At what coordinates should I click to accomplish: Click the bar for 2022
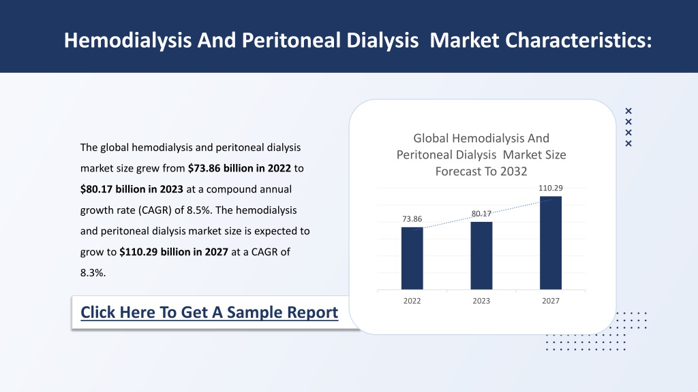click(x=412, y=258)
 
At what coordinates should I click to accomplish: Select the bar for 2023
click(x=481, y=256)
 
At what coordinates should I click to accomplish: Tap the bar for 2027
click(x=551, y=243)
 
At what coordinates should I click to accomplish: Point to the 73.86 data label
click(x=412, y=219)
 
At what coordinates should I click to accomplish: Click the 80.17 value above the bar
click(x=481, y=214)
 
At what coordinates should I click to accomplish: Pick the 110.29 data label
click(x=551, y=188)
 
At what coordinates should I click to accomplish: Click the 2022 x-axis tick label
click(x=412, y=301)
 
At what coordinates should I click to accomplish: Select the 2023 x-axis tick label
click(x=481, y=301)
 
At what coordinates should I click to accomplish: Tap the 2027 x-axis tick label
click(x=551, y=301)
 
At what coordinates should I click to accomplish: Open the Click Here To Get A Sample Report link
click(x=209, y=312)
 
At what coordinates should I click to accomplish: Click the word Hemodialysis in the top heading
click(x=127, y=40)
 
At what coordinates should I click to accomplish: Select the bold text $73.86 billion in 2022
click(x=239, y=169)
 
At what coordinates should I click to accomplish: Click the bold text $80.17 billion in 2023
click(x=132, y=189)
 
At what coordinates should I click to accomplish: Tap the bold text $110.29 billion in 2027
click(x=174, y=252)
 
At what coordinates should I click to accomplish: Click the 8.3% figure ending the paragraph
click(x=93, y=273)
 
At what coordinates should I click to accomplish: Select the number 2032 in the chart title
click(x=514, y=171)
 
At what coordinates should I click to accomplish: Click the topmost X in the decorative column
click(x=628, y=111)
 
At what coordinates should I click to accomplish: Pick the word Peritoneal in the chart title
click(x=425, y=154)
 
